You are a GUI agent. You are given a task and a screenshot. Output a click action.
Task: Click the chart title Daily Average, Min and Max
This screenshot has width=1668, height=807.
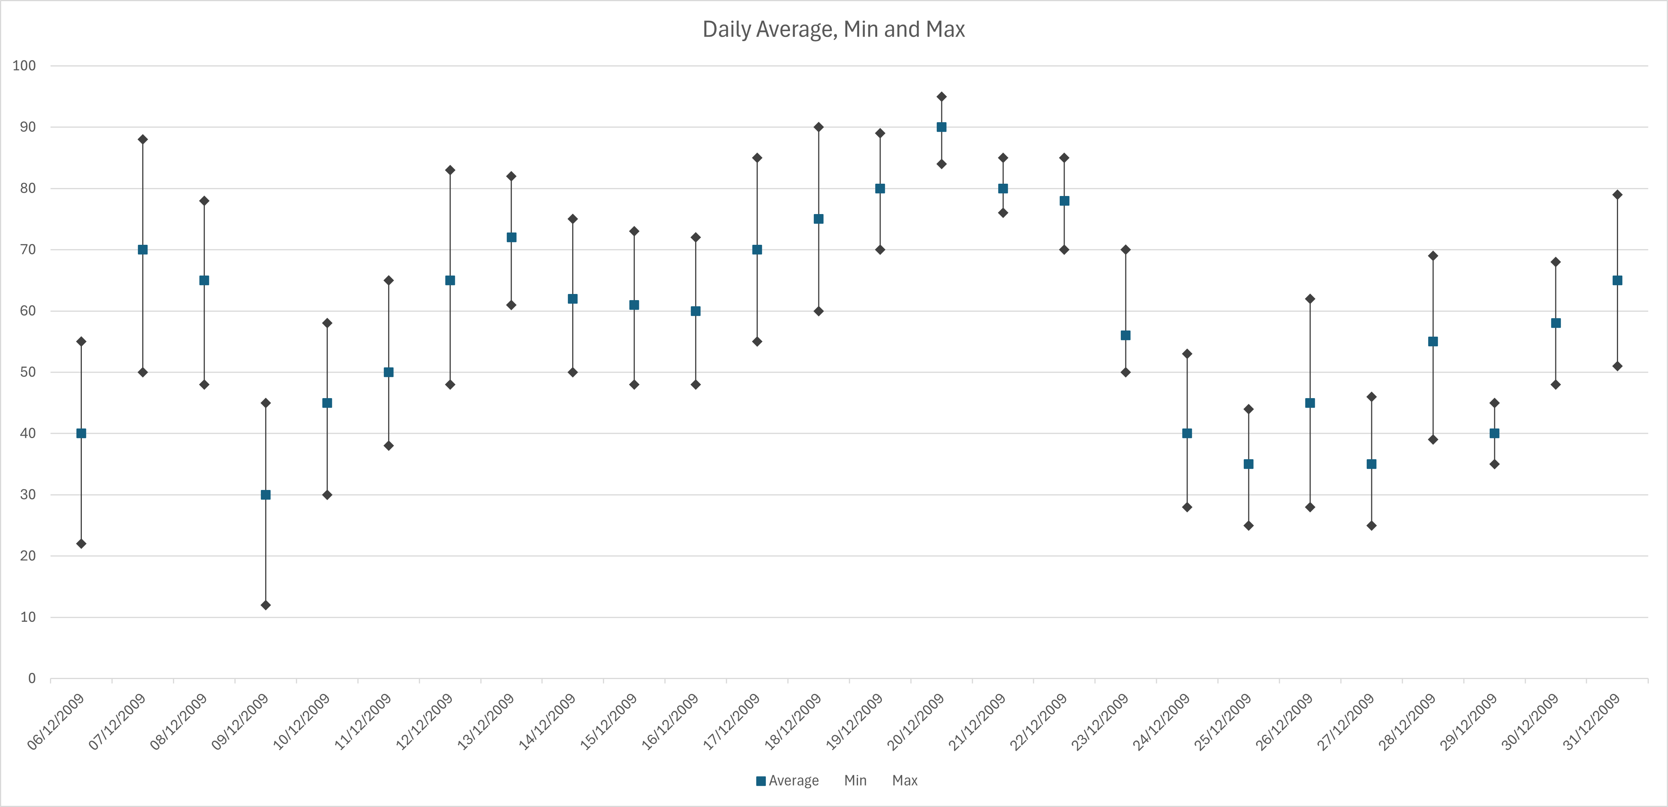point(833,29)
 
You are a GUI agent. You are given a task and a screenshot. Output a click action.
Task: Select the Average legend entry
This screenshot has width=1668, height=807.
point(787,780)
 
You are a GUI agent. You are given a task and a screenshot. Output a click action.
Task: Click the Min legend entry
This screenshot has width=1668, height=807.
point(855,780)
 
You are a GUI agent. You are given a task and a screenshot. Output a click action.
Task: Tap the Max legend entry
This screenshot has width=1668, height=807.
point(905,780)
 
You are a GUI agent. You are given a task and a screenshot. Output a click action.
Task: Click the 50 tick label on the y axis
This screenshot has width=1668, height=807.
point(27,372)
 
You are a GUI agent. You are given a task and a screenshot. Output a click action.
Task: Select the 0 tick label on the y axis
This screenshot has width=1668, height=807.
point(31,678)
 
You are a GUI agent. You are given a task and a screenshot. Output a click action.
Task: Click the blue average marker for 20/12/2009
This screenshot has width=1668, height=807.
point(941,127)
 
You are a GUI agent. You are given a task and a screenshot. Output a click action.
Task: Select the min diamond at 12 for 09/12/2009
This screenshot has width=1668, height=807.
point(266,605)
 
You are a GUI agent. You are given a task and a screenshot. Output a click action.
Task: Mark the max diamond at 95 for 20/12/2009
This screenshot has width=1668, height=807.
point(941,96)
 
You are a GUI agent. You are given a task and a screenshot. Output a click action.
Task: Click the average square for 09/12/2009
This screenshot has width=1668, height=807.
point(266,495)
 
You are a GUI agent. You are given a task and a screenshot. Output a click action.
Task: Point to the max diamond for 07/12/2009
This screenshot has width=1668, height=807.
point(143,139)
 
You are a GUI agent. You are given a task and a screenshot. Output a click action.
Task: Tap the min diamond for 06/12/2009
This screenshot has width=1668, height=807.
point(81,543)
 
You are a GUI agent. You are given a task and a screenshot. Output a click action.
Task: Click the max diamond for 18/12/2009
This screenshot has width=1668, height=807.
point(818,127)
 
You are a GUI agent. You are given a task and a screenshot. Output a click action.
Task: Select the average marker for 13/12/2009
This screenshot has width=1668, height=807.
point(511,237)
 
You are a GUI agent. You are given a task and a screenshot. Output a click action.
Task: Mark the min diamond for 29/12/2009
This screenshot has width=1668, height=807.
point(1494,464)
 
